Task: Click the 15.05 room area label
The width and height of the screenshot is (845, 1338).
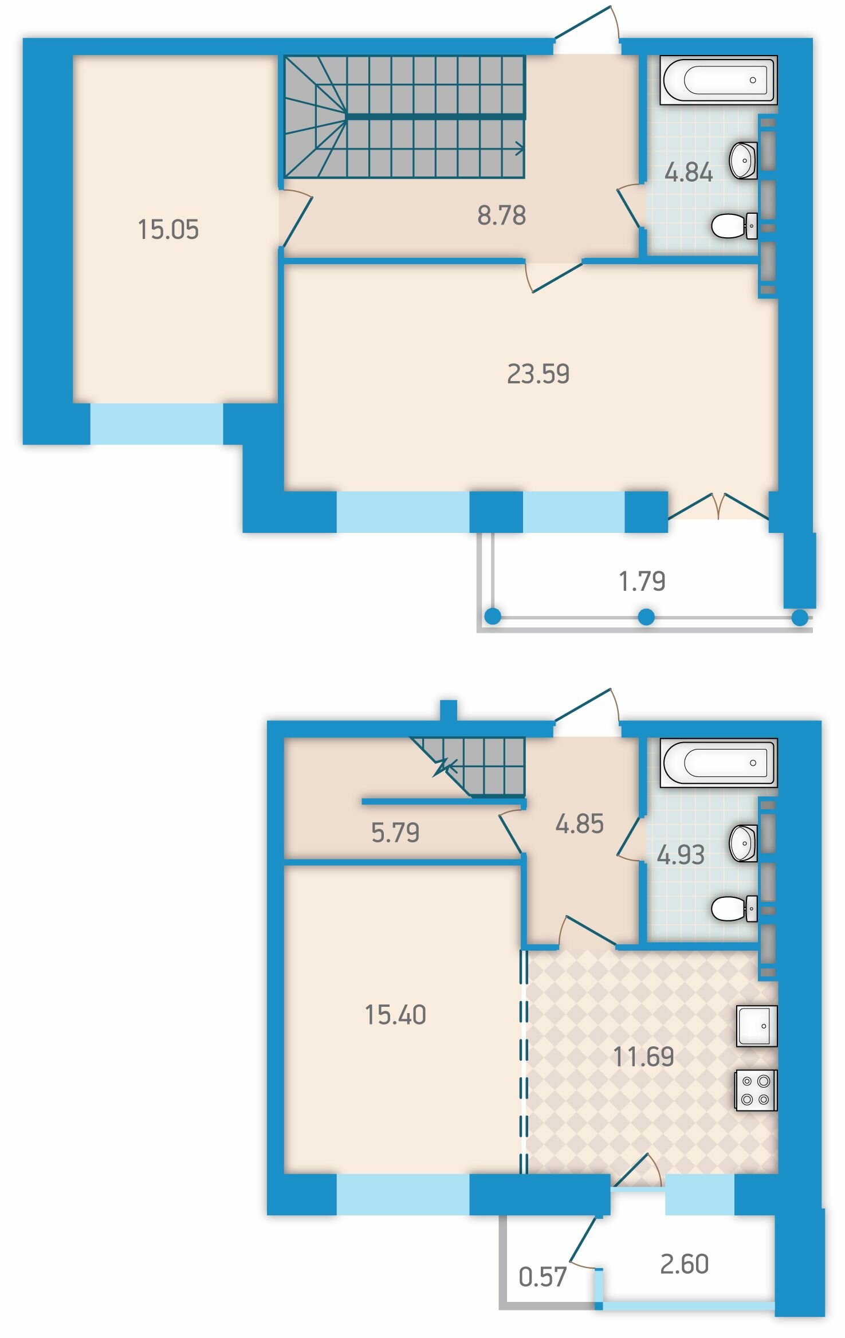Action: (168, 229)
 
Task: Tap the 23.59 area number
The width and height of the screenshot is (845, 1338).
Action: (538, 374)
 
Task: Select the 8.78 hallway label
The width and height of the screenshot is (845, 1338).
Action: (501, 215)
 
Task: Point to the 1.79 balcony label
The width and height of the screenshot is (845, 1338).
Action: (642, 581)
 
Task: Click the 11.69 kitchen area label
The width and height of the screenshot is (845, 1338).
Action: (643, 1057)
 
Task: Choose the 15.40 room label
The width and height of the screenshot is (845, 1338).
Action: (395, 1015)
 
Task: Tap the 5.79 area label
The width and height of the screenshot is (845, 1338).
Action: (395, 833)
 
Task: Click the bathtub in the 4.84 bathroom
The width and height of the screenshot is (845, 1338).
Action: (718, 80)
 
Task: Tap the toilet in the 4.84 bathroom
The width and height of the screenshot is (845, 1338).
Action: (734, 226)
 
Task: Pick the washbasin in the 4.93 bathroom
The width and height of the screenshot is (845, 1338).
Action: (743, 843)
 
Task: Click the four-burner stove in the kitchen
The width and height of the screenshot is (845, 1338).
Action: (756, 1090)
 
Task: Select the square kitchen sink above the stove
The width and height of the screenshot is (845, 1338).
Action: (756, 1026)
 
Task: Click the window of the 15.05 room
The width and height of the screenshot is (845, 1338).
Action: (156, 424)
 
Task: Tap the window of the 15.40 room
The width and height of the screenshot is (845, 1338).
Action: (403, 1194)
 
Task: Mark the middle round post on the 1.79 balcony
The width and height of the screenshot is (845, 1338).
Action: (646, 617)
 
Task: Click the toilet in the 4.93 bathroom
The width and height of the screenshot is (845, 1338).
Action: (734, 908)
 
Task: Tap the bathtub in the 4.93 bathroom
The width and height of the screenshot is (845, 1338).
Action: (718, 763)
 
